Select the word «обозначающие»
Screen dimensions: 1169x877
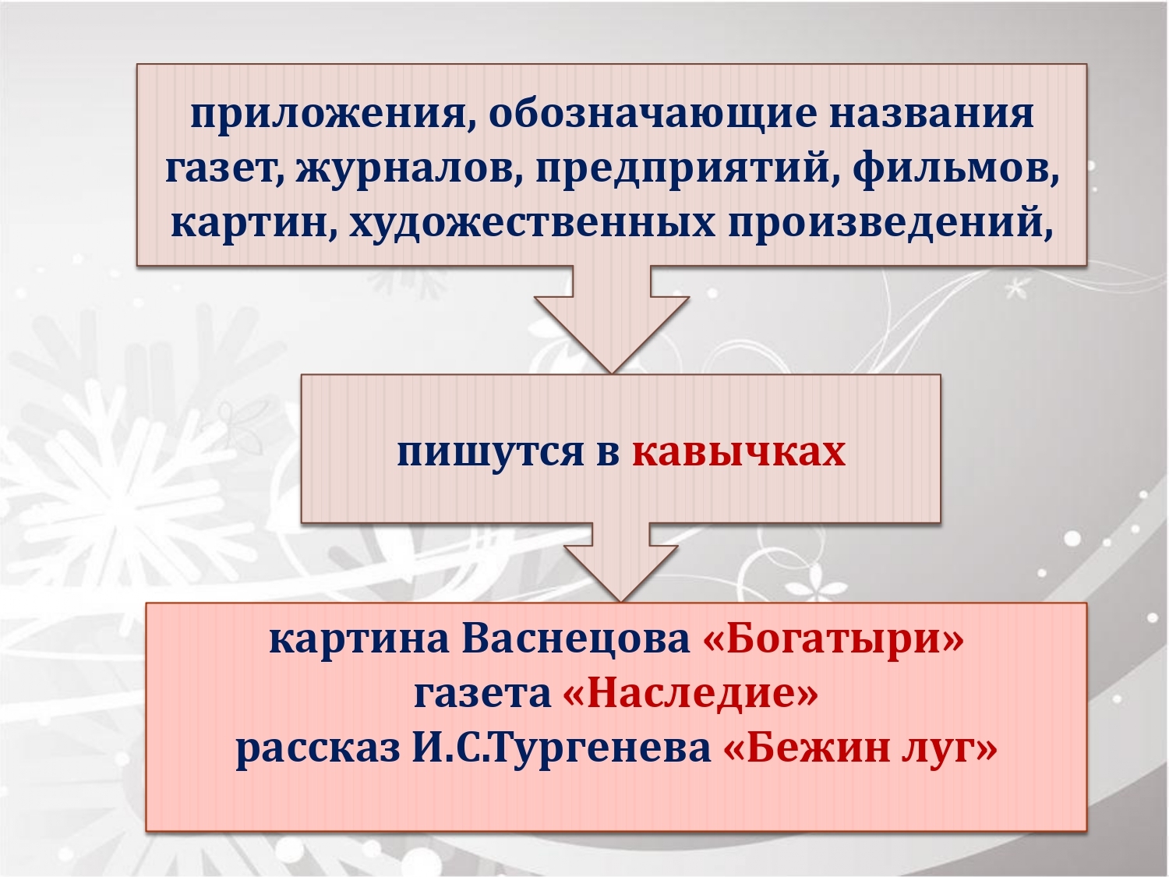[x=652, y=115]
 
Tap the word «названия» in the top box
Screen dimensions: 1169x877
[x=931, y=114]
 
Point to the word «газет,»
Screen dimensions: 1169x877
[x=224, y=171]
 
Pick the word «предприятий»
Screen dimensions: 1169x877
[x=682, y=171]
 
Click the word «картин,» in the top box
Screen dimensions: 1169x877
[x=254, y=225]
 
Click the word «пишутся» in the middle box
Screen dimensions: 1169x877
[x=490, y=453]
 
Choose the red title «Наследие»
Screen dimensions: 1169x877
[x=690, y=693]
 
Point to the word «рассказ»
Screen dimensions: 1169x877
[x=318, y=749]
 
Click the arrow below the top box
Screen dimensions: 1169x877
[x=612, y=320]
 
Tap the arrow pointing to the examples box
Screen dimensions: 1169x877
[x=620, y=562]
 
